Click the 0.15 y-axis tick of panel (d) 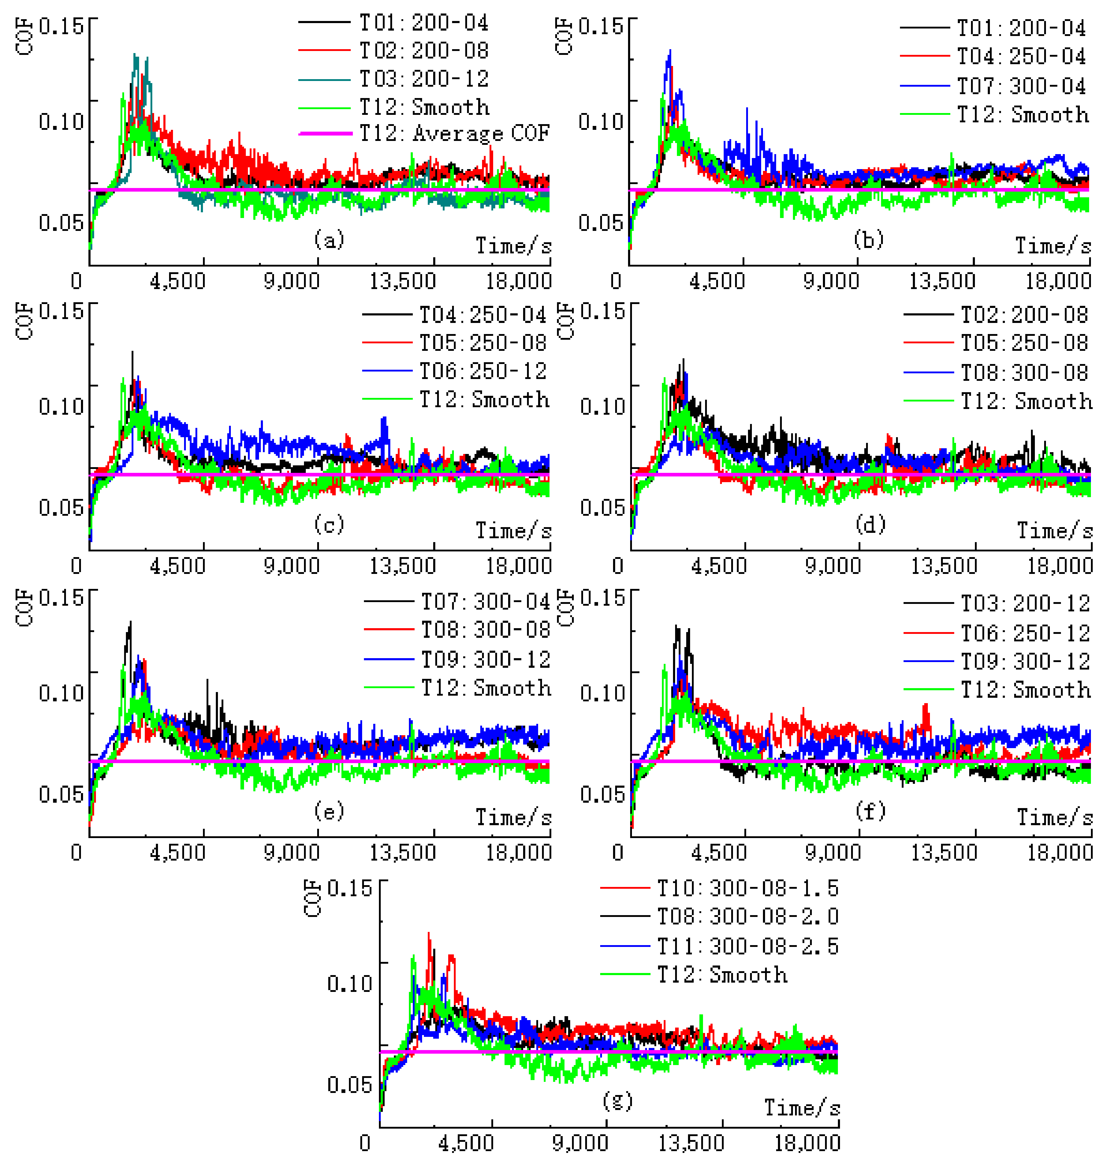coord(602,311)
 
